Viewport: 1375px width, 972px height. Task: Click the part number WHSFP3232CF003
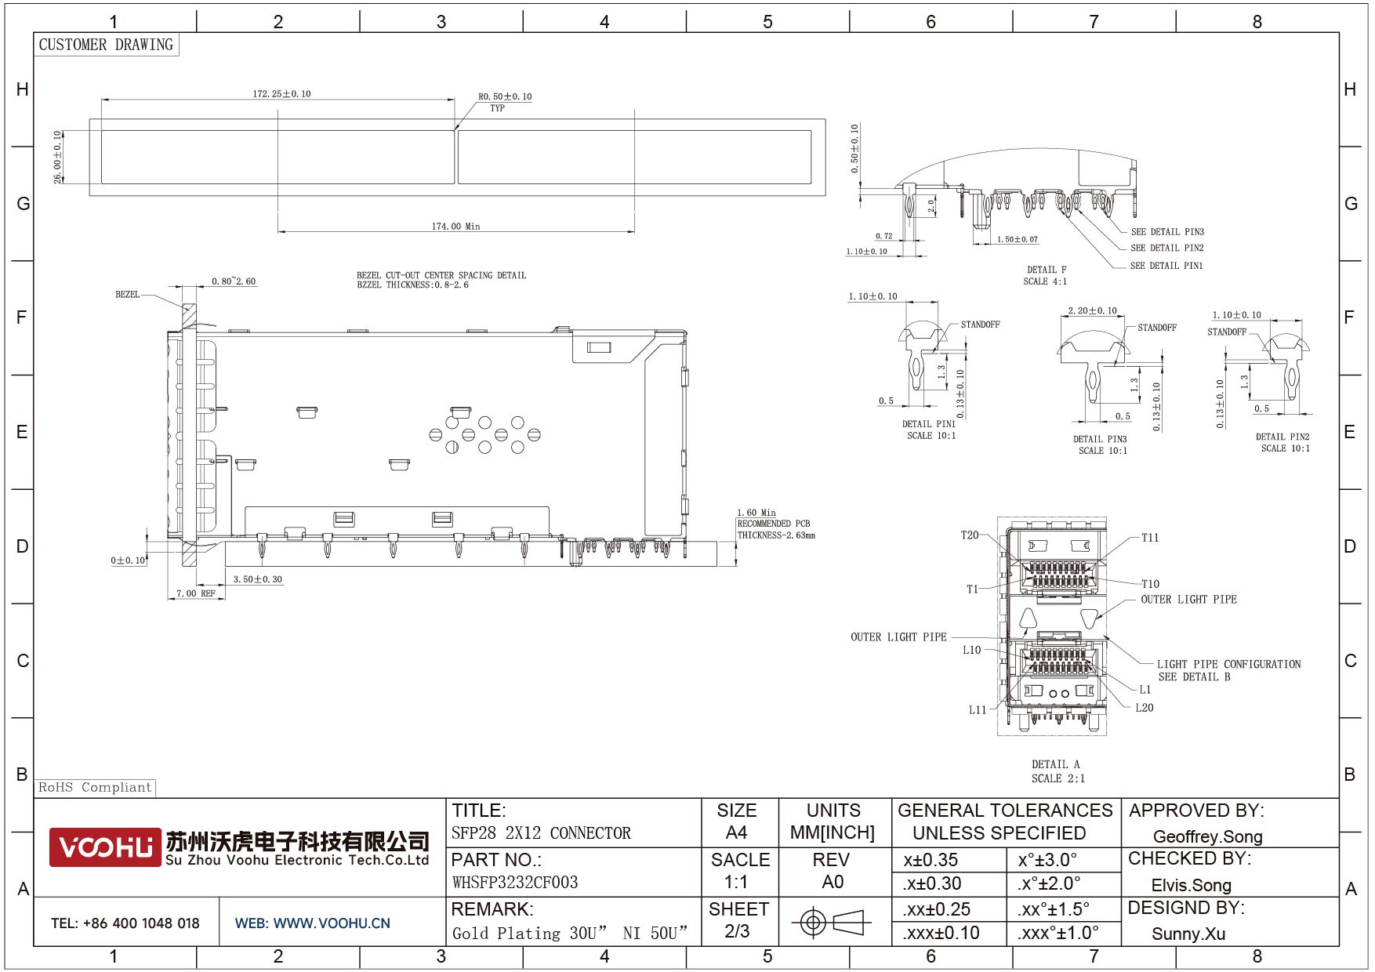click(515, 883)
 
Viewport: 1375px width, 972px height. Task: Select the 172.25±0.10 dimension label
click(281, 94)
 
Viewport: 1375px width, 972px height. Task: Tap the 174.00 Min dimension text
click(455, 227)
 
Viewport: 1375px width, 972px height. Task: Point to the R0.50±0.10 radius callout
click(505, 97)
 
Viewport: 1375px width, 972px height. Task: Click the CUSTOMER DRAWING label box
click(106, 45)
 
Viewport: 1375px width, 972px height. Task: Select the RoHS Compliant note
click(95, 788)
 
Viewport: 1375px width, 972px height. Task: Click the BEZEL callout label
click(128, 295)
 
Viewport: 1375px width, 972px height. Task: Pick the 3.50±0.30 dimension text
click(258, 580)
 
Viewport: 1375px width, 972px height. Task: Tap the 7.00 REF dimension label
click(196, 593)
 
